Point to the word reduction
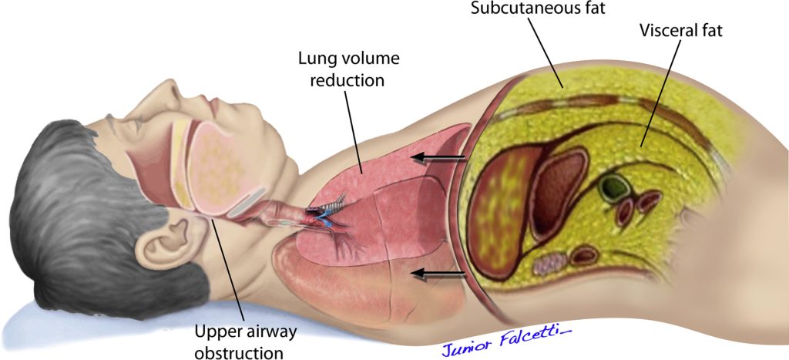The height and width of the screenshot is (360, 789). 347,79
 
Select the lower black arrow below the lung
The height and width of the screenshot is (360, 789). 438,274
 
